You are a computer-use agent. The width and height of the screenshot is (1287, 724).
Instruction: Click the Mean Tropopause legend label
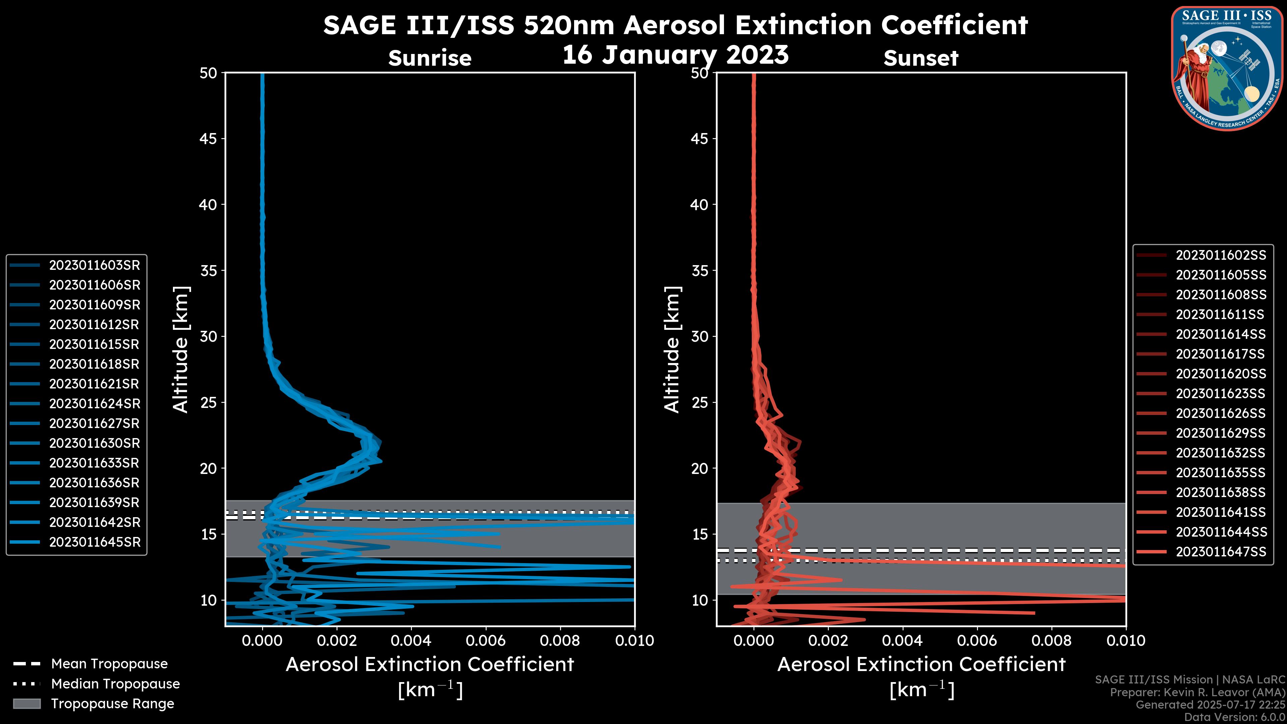pyautogui.click(x=109, y=664)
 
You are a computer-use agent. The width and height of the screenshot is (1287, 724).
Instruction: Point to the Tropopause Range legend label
pyautogui.click(x=112, y=704)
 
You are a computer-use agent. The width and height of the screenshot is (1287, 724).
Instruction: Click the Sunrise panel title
pyautogui.click(x=430, y=58)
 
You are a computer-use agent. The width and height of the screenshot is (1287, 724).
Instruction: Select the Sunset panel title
pyautogui.click(x=921, y=58)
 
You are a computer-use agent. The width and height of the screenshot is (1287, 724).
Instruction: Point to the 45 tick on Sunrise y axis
pyautogui.click(x=208, y=138)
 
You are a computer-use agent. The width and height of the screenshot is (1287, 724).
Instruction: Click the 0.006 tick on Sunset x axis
pyautogui.click(x=978, y=641)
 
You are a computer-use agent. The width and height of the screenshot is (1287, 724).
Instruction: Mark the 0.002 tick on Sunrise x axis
pyautogui.click(x=337, y=641)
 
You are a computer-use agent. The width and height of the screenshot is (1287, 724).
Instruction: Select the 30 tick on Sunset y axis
pyautogui.click(x=699, y=336)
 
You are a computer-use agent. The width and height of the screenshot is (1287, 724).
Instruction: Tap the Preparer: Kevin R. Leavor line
pyautogui.click(x=1198, y=692)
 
